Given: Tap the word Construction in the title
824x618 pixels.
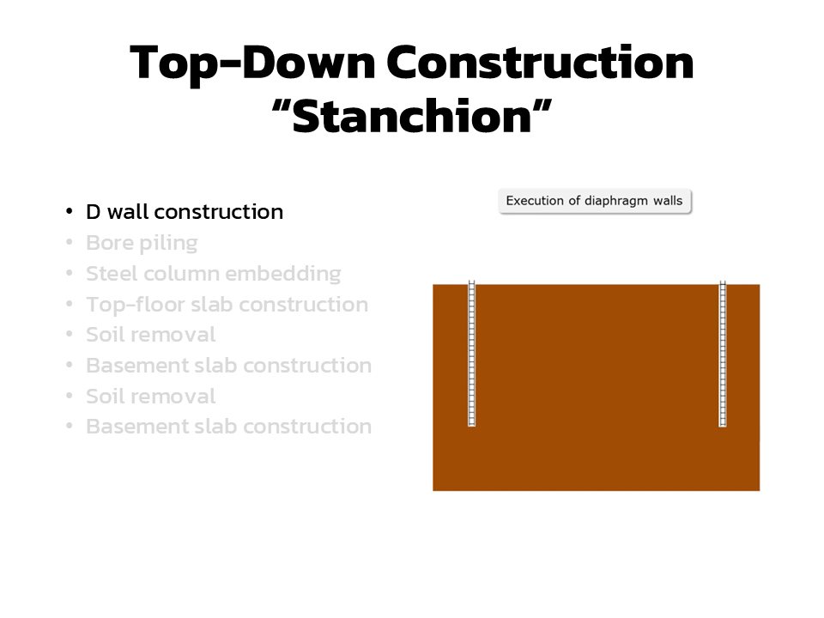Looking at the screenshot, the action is click(x=540, y=62).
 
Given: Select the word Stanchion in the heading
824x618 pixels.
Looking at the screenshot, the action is click(x=412, y=116).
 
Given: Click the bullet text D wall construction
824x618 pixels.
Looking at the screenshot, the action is click(x=185, y=212).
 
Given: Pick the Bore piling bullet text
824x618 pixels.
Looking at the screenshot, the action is click(x=142, y=243).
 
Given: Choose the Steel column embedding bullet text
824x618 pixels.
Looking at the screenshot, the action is click(x=214, y=274).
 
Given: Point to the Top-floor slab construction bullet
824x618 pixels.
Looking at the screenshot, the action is click(x=227, y=305).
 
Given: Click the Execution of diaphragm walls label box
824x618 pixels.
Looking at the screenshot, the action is click(x=595, y=201).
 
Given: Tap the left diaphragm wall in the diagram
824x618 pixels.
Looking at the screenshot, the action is click(x=472, y=353).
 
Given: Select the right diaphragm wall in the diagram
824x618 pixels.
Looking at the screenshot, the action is click(x=723, y=353).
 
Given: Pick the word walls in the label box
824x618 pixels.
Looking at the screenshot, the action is click(x=668, y=201).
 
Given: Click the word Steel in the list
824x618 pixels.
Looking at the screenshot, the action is click(x=112, y=274).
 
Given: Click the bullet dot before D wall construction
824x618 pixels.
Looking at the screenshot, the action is click(x=69, y=211).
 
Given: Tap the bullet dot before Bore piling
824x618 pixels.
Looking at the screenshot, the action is click(x=69, y=242).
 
